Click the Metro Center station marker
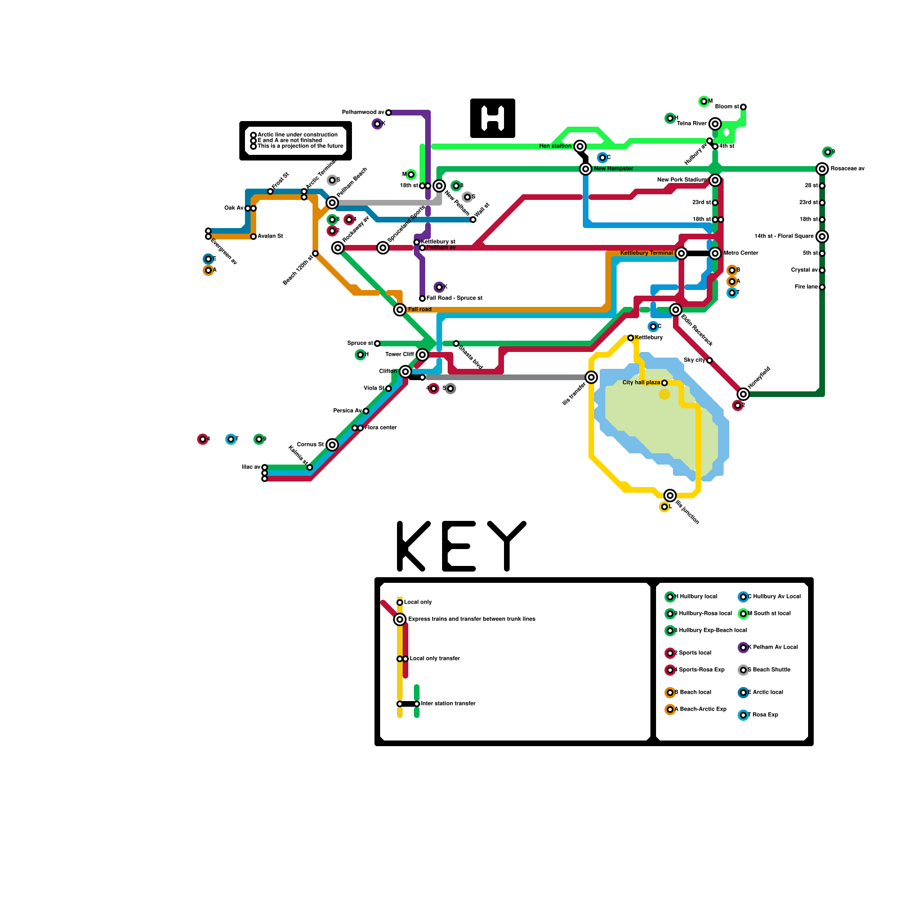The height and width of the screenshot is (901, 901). pyautogui.click(x=715, y=253)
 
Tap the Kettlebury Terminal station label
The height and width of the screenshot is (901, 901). pyautogui.click(x=646, y=253)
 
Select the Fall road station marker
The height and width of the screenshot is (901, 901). pyautogui.click(x=400, y=310)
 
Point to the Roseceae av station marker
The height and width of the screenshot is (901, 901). pyautogui.click(x=822, y=169)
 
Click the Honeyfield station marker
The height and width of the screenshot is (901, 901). pyautogui.click(x=743, y=394)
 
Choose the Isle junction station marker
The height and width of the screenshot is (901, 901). pyautogui.click(x=670, y=496)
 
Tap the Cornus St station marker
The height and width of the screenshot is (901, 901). pyautogui.click(x=332, y=445)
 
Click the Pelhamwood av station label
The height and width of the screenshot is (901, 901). pyautogui.click(x=363, y=113)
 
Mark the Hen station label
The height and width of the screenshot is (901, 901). pyautogui.click(x=555, y=146)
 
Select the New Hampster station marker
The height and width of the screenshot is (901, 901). pyautogui.click(x=586, y=169)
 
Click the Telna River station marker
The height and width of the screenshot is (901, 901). pyautogui.click(x=715, y=124)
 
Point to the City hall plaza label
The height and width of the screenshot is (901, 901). pyautogui.click(x=641, y=383)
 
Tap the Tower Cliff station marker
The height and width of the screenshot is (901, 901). pyautogui.click(x=422, y=355)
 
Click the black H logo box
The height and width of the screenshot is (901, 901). pyautogui.click(x=493, y=118)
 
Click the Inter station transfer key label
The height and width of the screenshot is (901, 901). pyautogui.click(x=448, y=704)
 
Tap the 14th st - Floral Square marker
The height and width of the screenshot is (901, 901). pyautogui.click(x=822, y=237)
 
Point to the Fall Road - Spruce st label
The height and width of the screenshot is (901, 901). pyautogui.click(x=454, y=298)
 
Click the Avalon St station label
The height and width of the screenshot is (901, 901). pyautogui.click(x=270, y=237)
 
